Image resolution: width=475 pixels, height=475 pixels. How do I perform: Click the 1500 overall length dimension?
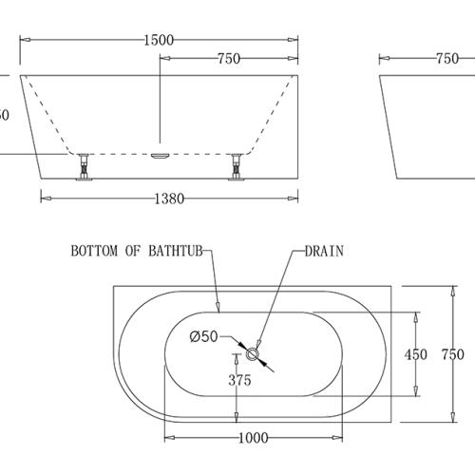157,40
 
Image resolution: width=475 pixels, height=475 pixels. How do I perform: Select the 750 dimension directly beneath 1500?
228,59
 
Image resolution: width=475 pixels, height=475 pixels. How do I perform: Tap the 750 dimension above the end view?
446,59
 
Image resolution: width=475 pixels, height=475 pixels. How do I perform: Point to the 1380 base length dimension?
168,199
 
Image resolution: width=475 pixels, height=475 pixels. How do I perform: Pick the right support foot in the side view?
235,166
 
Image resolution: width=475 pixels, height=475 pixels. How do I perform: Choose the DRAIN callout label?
324,252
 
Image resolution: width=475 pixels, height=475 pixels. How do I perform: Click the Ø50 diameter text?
205,335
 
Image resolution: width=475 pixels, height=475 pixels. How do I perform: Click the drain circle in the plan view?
254,354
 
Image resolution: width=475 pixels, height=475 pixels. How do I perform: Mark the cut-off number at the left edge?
4,115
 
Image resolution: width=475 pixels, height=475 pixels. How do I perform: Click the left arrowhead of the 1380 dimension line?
44,199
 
